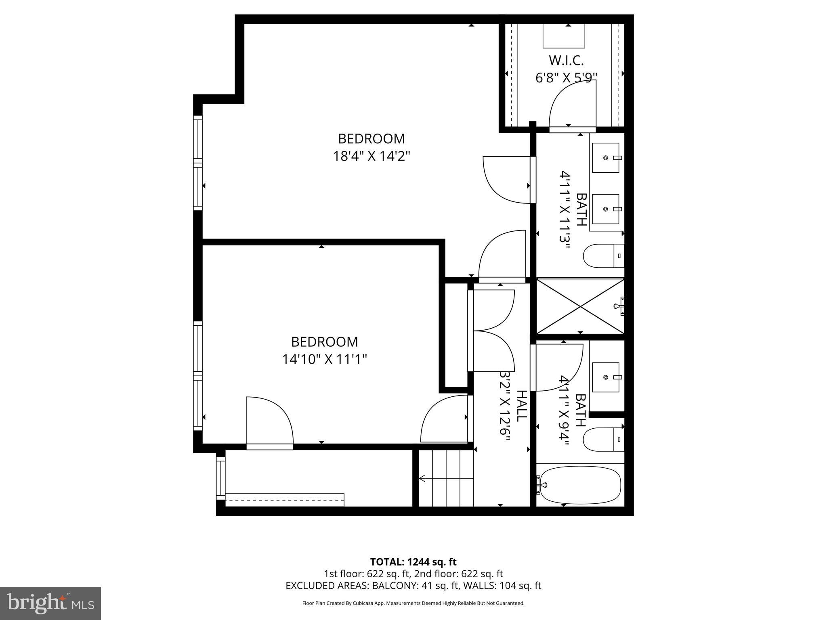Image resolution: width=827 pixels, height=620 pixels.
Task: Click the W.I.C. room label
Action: click(x=566, y=61)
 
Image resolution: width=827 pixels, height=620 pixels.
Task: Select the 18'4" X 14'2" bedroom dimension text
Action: click(x=371, y=156)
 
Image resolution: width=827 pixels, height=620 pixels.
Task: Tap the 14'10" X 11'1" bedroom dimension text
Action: click(x=324, y=359)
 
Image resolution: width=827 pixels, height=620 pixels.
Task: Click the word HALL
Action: click(x=522, y=406)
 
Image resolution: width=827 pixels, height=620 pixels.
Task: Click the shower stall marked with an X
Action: click(x=580, y=306)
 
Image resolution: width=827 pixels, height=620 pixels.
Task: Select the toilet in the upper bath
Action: click(x=602, y=256)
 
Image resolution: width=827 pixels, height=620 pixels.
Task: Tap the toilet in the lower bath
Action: click(x=602, y=439)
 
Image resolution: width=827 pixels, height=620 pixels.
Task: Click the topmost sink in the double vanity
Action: click(x=605, y=158)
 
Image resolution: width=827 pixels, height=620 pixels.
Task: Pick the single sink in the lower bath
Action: click(x=605, y=377)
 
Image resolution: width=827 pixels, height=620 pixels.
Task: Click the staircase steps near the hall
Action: click(x=446, y=478)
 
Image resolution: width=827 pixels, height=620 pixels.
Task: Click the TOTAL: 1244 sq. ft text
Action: click(x=413, y=562)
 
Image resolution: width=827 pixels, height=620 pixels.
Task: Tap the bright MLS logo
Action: click(x=50, y=603)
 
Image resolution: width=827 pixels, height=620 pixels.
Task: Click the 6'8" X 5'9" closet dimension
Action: click(x=566, y=77)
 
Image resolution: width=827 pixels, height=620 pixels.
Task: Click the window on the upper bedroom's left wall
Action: click(x=197, y=163)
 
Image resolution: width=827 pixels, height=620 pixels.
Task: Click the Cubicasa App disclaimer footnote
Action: click(x=413, y=603)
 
